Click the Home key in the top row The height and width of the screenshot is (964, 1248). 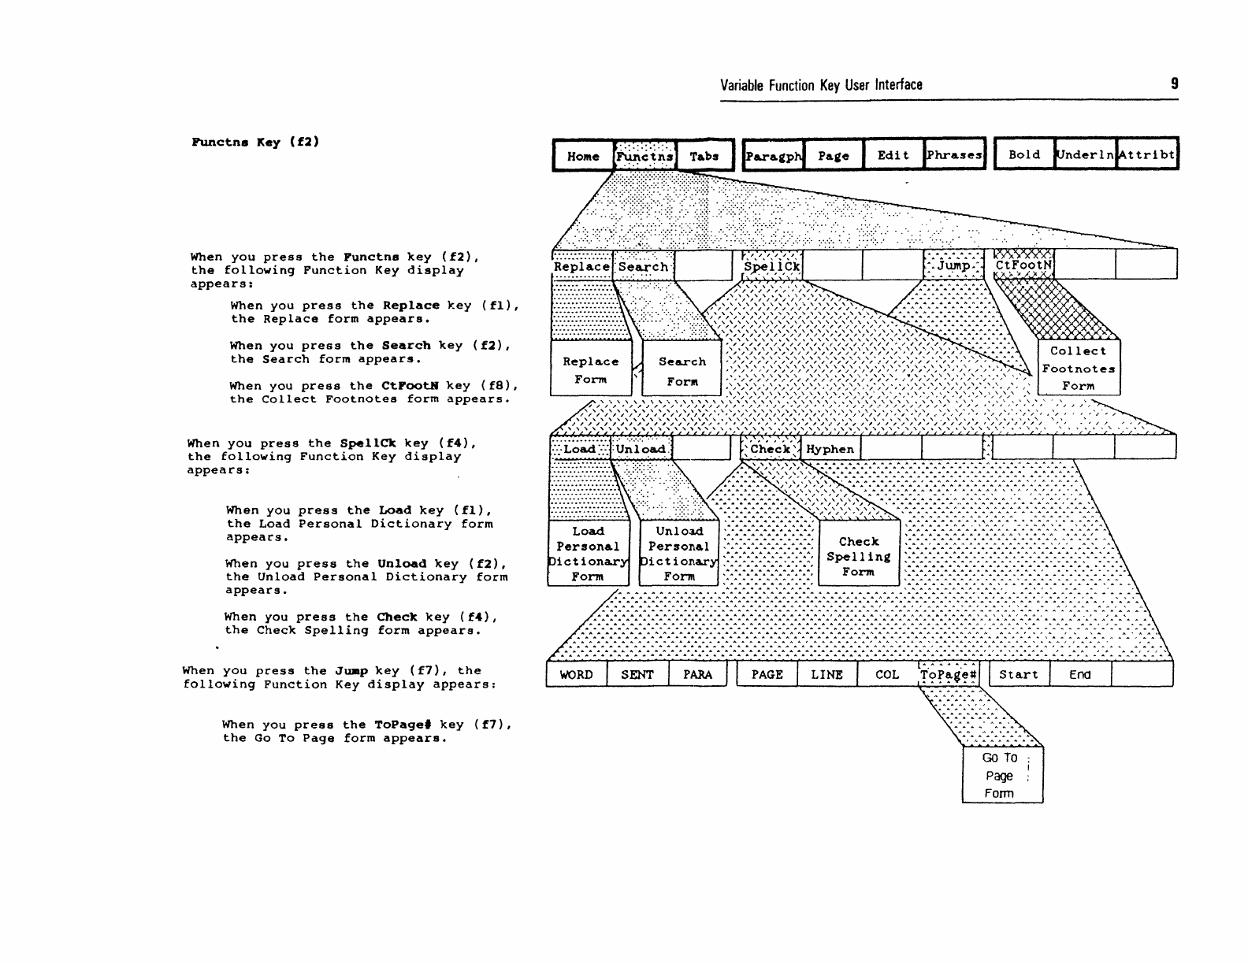pos(583,156)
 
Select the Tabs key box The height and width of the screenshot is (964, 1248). pos(704,156)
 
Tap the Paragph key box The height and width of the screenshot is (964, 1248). pos(773,156)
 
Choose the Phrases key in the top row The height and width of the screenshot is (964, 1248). pos(954,155)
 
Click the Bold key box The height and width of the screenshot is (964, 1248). pos(1024,154)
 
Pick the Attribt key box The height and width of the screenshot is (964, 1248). pos(1146,154)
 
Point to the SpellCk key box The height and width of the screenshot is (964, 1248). pos(772,265)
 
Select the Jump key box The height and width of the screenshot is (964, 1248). pos(953,265)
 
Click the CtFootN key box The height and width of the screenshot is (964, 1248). pos(1023,265)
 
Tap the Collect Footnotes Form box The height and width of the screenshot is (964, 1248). pos(1079,368)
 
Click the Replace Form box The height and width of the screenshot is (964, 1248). pos(591,369)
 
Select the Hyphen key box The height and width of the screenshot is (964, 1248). pos(830,449)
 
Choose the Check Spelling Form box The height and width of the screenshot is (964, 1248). pos(859,556)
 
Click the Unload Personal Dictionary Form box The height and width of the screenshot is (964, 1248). pos(678,554)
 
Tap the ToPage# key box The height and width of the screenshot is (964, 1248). pos(949,674)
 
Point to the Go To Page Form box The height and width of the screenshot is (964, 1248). pos(1001,775)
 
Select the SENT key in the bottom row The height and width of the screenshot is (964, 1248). pos(637,674)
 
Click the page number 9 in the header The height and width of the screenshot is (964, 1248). pos(1175,83)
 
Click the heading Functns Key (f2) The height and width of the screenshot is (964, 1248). pos(255,142)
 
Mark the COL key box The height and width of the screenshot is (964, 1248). pos(887,674)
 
